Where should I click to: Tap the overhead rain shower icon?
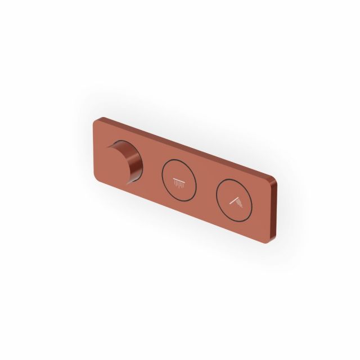click(x=179, y=182)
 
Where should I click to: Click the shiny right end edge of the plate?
click(x=274, y=202)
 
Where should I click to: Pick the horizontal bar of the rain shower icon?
click(x=180, y=179)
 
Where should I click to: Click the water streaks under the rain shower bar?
click(x=180, y=184)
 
